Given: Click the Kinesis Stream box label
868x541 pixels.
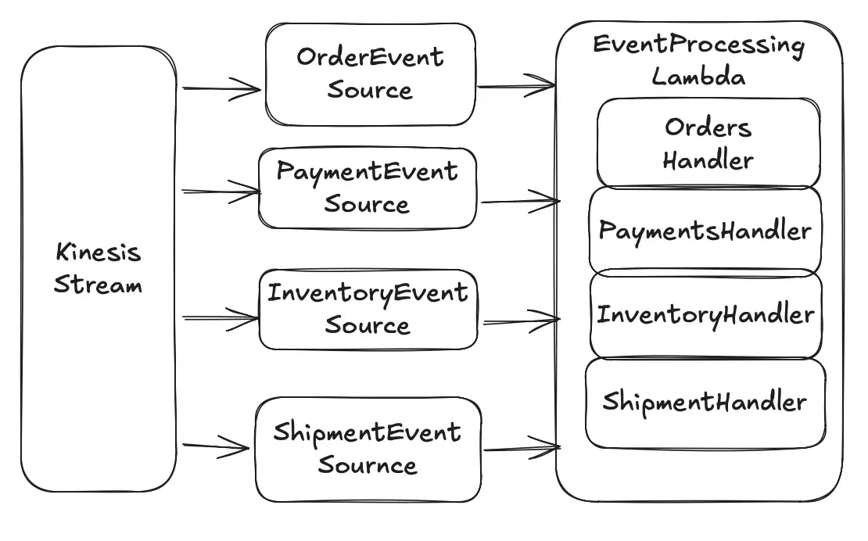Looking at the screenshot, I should tap(99, 268).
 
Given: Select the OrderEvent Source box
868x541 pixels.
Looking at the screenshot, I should tap(370, 74).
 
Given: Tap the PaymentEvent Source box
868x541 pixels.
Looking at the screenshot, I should tap(368, 188).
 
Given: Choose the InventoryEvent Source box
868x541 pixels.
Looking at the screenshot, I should tap(368, 310).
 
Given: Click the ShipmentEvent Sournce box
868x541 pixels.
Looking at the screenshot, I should tap(368, 449).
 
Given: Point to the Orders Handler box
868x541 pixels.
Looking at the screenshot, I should tap(708, 143).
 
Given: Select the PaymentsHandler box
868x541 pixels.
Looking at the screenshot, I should tap(705, 231).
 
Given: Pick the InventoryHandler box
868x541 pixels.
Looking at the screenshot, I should tap(705, 315).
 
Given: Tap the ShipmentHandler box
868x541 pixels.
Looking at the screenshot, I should tap(705, 403).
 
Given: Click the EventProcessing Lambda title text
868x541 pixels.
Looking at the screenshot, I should tap(698, 60).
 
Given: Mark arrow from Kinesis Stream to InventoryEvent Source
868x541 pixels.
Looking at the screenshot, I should tap(221, 318).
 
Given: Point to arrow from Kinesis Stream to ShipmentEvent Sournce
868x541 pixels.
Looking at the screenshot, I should tap(217, 447).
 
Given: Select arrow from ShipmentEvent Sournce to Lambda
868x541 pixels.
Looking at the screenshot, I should tap(521, 448).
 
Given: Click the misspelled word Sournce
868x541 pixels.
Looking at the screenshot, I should tap(368, 466).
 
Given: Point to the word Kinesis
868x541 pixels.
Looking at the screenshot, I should tap(99, 253).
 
